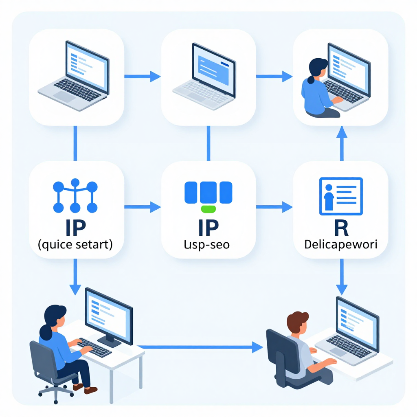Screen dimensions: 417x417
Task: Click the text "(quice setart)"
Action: coord(75,245)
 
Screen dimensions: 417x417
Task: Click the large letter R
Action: coord(341,228)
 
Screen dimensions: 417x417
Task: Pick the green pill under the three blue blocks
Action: coord(208,209)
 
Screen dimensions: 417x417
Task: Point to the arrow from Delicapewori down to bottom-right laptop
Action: coord(341,277)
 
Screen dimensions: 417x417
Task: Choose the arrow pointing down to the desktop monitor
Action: coord(75,277)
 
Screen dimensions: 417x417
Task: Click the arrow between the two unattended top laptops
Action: coord(143,76)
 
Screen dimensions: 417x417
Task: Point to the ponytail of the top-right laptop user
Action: coord(311,78)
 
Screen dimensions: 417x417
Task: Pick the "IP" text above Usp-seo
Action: coord(208,228)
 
